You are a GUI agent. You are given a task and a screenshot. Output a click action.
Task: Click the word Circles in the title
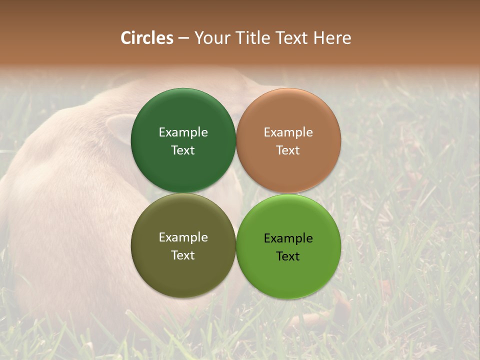(x=147, y=38)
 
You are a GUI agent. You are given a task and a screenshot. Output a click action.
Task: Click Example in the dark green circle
(x=183, y=132)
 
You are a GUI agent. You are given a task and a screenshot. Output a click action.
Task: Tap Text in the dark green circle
(x=183, y=150)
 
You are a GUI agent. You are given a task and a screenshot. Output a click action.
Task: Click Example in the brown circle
(x=288, y=132)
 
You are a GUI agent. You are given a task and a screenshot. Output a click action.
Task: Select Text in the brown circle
(x=288, y=150)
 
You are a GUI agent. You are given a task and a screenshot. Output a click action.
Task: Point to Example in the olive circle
(x=183, y=237)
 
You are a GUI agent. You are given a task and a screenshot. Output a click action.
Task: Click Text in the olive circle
(x=183, y=255)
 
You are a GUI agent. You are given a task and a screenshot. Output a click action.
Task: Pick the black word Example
(x=288, y=238)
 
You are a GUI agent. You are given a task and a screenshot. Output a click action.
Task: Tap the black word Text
(x=288, y=256)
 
